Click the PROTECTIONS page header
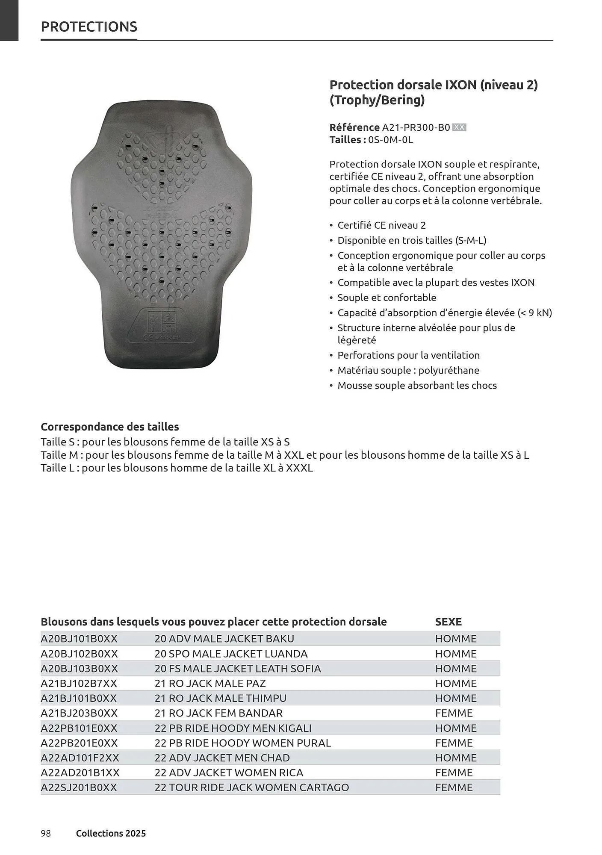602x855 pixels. [89, 27]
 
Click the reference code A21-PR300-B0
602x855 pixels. [416, 127]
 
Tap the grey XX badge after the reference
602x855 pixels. [459, 127]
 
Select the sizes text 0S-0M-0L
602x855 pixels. [390, 140]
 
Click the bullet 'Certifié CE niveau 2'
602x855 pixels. [381, 225]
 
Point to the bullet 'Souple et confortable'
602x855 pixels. [387, 298]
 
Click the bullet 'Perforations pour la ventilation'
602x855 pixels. [408, 355]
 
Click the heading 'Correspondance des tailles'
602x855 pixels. [110, 427]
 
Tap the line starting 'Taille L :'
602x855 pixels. [177, 468]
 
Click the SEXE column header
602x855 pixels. [448, 622]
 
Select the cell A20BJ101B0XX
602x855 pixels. [79, 639]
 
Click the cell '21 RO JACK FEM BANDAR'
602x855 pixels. [218, 713]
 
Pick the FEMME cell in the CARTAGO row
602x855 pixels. [454, 787]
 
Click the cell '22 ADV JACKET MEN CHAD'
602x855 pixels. [222, 758]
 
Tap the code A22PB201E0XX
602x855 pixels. [79, 743]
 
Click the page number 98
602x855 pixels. [46, 833]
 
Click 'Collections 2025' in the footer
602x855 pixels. [111, 833]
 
